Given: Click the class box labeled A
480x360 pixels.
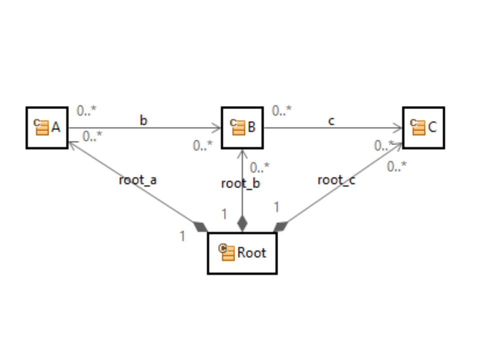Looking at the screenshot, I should pos(47,127).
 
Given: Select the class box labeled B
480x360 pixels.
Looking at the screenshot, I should pos(242,127).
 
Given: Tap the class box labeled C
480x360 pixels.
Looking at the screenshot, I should pos(423,127).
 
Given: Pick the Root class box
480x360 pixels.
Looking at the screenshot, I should pos(242,253).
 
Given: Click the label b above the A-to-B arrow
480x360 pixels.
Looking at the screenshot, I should pos(143,120).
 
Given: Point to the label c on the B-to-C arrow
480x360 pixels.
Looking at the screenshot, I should pos(331,120).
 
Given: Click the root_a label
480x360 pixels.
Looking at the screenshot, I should pos(137,180).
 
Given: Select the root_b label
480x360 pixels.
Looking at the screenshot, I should pos(240,183).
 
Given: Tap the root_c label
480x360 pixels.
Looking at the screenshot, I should pos(336,180).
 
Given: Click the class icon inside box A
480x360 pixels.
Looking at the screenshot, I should pos(40,127).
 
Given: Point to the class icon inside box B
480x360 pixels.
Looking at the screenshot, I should pos(237,127).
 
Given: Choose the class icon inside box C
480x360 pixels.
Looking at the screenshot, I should pos(417,127).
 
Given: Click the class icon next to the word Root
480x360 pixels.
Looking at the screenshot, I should pos(227,252).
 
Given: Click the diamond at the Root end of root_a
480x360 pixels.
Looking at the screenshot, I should pos(200,226).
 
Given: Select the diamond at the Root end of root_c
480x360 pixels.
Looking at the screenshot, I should pos(281,226).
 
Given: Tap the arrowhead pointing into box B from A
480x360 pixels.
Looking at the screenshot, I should pos(216,128).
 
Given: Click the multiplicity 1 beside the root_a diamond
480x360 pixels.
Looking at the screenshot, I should pos(182,236).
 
